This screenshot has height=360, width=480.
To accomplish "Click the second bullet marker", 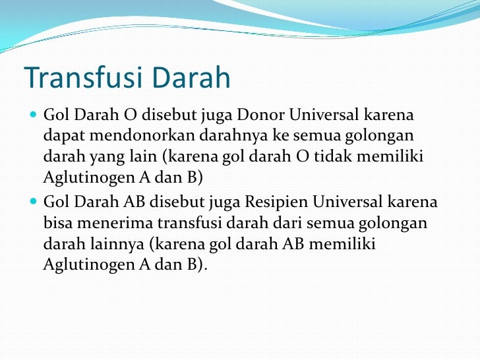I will (x=34, y=202).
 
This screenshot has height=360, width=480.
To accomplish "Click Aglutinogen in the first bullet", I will (x=82, y=179).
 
